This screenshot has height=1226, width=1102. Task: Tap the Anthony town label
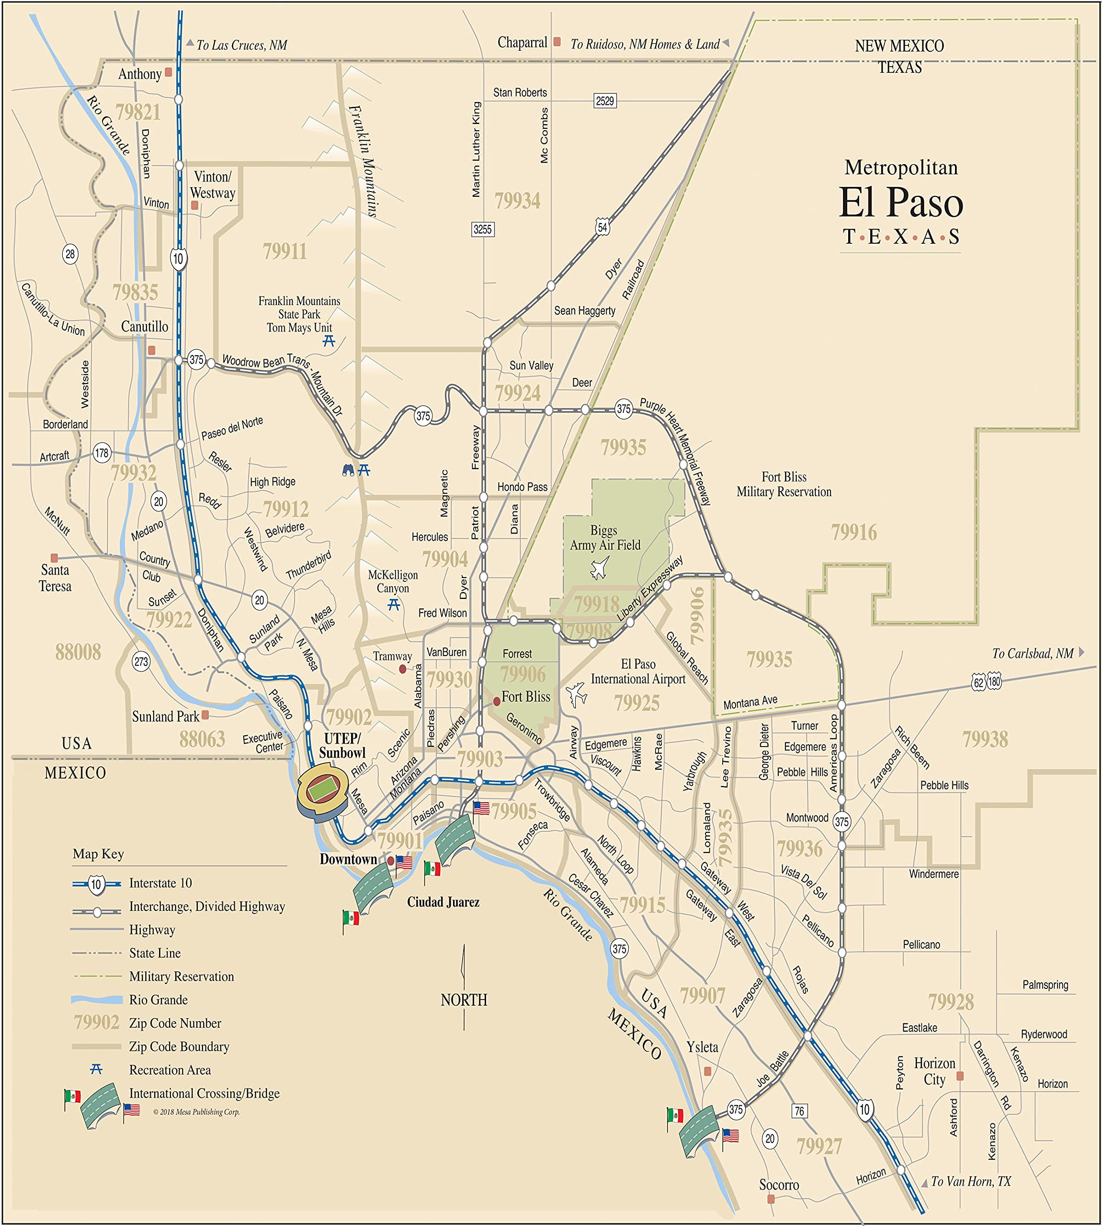coord(140,74)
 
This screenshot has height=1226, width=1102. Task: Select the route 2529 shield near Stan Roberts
coord(605,101)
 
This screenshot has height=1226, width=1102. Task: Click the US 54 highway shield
coord(602,227)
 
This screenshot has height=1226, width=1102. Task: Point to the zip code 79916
coord(854,532)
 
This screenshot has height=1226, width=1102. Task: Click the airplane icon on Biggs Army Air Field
coord(600,568)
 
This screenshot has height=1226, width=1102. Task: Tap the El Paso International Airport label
coord(638,671)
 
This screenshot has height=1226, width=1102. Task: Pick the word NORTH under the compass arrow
coord(464,999)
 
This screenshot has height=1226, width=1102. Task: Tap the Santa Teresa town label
coord(55,578)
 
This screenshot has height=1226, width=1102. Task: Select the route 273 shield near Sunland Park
coord(141,661)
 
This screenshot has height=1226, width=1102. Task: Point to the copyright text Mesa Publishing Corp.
coord(196,1112)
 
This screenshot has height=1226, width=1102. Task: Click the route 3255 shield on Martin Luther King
coord(483,229)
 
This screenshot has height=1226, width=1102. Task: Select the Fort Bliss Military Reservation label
coord(784,484)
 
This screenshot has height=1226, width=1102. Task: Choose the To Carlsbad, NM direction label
coord(1033,653)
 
